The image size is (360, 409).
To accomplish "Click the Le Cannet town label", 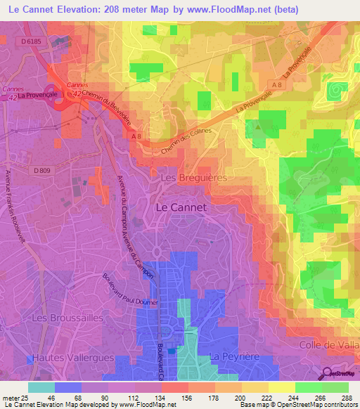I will click(180, 207).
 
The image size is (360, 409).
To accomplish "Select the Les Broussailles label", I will click(67, 318).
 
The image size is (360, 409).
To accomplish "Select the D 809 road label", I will click(41, 170).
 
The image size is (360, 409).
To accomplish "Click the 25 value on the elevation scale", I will click(27, 397).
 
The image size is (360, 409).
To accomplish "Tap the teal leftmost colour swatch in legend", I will click(41, 387).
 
